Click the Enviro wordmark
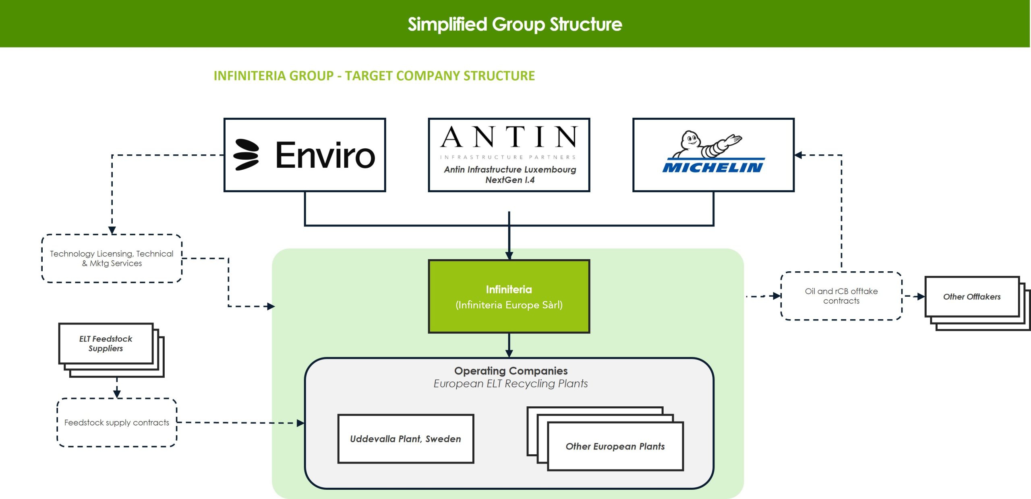[325, 155]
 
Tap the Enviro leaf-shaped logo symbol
[246, 155]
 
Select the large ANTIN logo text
[509, 137]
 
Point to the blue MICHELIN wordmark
[713, 167]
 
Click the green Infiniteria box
[509, 296]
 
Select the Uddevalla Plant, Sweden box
[406, 439]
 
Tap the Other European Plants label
[615, 446]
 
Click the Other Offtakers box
[972, 297]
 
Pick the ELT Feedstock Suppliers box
[106, 343]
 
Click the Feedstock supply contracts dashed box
[117, 422]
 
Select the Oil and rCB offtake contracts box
[841, 296]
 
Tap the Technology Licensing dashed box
[112, 258]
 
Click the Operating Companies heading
[511, 370]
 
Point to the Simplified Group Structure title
[515, 24]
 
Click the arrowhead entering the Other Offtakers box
[921, 297]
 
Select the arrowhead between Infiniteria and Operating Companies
[509, 353]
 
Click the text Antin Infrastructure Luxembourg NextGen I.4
[510, 175]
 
